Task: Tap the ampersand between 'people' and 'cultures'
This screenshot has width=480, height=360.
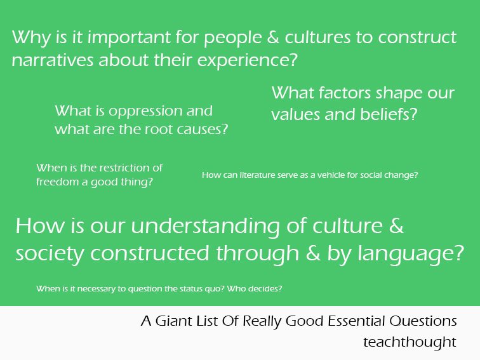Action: [273, 37]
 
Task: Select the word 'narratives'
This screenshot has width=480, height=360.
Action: [52, 60]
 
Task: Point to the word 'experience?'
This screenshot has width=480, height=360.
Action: [248, 60]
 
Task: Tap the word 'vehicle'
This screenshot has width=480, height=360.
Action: [330, 175]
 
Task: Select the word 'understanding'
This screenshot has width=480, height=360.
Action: [205, 227]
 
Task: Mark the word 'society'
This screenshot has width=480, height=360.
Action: [50, 255]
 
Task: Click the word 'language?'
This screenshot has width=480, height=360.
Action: [411, 255]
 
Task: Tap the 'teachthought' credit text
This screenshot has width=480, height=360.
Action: [410, 342]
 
